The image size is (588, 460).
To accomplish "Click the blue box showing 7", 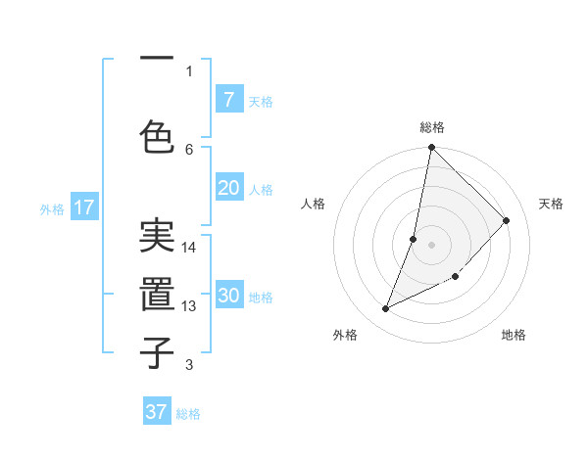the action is click(228, 99).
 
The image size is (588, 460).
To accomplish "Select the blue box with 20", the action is click(228, 188).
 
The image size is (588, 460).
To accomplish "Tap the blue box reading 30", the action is click(228, 296).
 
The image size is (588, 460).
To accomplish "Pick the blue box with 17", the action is click(84, 207).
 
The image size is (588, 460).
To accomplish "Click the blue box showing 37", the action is click(157, 412).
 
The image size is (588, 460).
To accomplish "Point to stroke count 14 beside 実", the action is click(189, 248).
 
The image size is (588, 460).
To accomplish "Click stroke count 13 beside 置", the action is click(189, 306).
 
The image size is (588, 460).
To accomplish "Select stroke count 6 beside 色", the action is click(189, 149).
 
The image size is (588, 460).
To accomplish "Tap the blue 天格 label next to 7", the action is click(261, 101).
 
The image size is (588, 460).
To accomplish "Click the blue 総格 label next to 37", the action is click(188, 414).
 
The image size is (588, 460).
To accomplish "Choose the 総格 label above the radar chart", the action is click(431, 127).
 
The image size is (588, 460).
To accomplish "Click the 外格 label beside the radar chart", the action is click(345, 335).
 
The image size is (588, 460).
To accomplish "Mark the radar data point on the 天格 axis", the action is click(507, 220).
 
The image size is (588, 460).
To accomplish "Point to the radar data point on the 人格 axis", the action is click(414, 239).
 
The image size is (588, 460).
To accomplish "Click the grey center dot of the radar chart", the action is click(431, 244).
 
